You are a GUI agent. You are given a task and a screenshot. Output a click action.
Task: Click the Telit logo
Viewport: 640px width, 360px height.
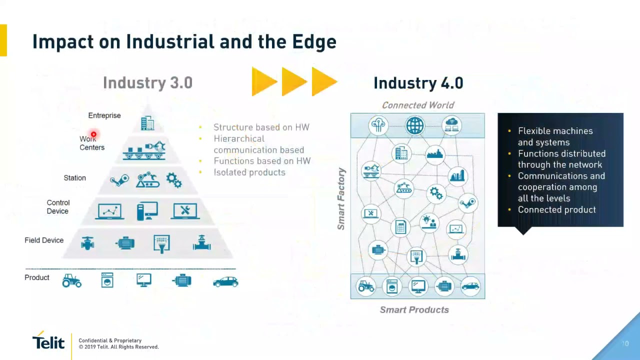(48, 340)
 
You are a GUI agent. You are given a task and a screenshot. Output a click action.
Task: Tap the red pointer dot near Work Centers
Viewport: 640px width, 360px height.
(93, 134)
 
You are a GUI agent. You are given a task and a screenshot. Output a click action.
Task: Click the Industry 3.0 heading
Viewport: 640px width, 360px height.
(147, 83)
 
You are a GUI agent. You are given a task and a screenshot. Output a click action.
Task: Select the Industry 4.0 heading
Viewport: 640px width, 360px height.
(418, 83)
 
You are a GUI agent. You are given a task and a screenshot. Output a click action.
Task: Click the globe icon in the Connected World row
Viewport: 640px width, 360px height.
(415, 125)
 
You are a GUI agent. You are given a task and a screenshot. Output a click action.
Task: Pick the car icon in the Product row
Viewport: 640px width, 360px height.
(225, 281)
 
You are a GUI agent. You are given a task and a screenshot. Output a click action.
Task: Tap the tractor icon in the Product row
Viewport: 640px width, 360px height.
(71, 280)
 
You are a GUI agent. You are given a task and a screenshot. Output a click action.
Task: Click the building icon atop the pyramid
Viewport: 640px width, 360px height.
(147, 123)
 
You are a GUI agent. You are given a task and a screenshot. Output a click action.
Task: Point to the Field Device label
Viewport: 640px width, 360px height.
(44, 240)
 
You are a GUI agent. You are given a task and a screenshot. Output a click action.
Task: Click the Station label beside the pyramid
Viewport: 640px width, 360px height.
(74, 178)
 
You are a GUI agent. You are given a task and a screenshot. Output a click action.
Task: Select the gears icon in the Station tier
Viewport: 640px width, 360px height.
(174, 179)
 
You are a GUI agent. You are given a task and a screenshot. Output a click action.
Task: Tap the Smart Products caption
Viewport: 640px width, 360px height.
(414, 309)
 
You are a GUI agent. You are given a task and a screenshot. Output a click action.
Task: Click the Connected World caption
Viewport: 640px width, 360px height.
(418, 105)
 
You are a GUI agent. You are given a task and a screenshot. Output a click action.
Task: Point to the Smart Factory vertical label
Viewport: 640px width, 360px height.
(341, 199)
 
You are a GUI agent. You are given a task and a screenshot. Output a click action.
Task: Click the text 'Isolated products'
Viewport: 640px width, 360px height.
(249, 172)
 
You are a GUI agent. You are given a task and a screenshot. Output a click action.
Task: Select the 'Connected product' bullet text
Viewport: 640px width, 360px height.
(557, 209)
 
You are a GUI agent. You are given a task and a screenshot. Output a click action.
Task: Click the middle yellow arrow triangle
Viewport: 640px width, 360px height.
(294, 81)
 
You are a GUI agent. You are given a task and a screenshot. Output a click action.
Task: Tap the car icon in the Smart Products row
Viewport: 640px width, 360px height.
(470, 286)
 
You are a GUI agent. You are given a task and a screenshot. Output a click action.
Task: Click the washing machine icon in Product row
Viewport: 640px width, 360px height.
(107, 280)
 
